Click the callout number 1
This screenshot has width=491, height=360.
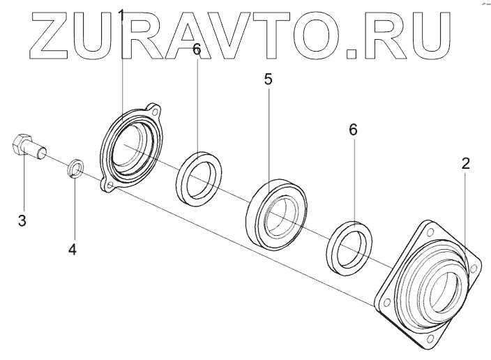click(x=121, y=13)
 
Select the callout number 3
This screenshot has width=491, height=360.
click(x=22, y=221)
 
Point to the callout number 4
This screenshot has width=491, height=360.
click(x=73, y=248)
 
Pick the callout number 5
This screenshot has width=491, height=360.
click(x=268, y=79)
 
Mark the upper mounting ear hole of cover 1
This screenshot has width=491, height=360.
click(x=156, y=110)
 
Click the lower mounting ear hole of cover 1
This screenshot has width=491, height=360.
click(x=108, y=186)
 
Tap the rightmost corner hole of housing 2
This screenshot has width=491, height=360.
click(x=474, y=267)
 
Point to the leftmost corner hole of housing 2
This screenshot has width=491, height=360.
click(x=383, y=301)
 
